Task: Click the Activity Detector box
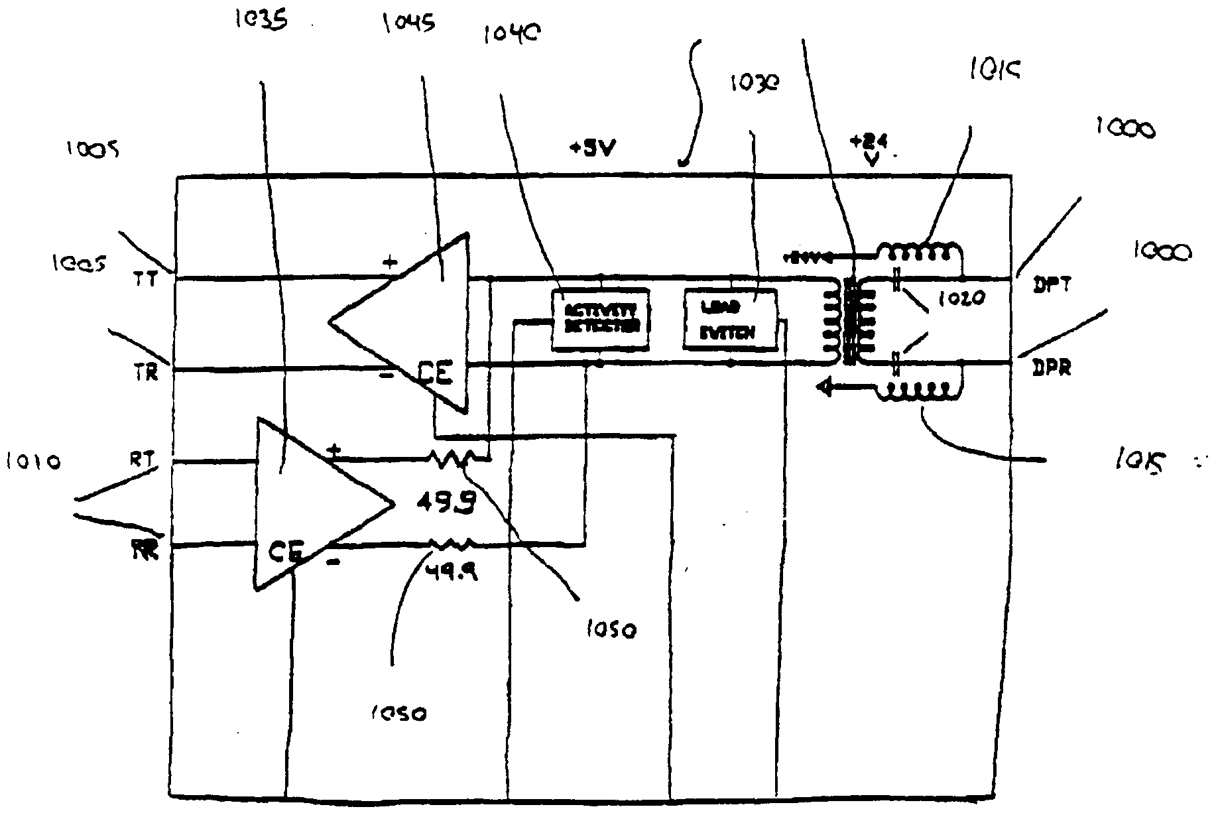(x=600, y=319)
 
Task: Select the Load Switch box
(x=729, y=320)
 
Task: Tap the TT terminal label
(x=146, y=280)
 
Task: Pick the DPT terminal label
(x=1052, y=285)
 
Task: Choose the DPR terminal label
(x=1052, y=369)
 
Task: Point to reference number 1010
(x=32, y=461)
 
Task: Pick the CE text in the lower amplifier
(x=286, y=551)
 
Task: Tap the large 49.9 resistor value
(x=446, y=505)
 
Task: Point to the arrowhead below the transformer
(x=827, y=386)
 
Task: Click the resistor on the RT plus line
(x=452, y=459)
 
